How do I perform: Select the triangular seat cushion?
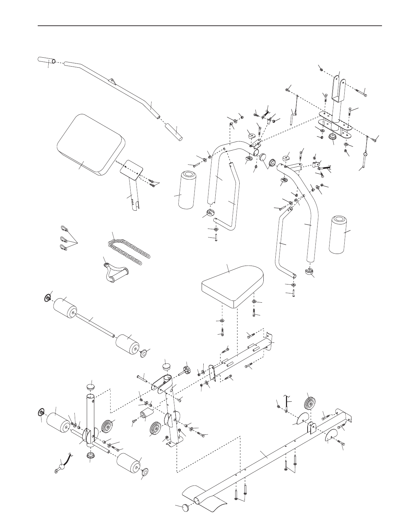pos(233,281)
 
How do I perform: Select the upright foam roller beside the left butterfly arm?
pos(187,190)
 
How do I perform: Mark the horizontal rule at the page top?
pos(210,26)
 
